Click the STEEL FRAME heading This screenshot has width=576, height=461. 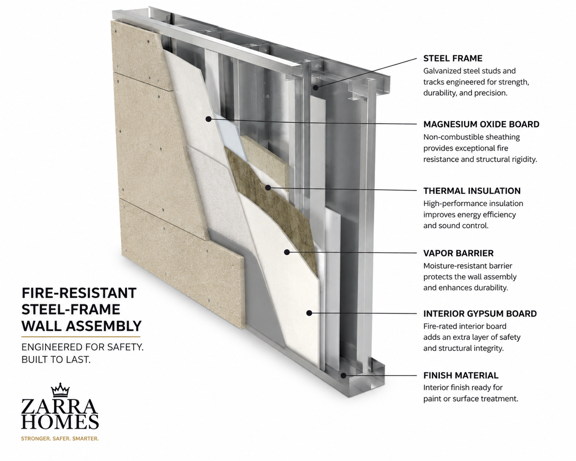[x=453, y=58]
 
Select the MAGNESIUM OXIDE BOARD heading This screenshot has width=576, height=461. [x=481, y=124]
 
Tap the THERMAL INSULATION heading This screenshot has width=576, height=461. [x=472, y=191]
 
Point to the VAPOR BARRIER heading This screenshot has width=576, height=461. [x=458, y=253]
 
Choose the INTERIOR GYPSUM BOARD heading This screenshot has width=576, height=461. [x=480, y=313]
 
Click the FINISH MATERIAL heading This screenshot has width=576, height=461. [x=461, y=376]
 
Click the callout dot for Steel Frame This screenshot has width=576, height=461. [x=316, y=88]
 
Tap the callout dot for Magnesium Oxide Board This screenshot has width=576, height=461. [x=209, y=119]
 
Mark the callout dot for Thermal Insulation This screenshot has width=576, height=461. [x=268, y=188]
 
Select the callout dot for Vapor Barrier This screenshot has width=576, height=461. [x=287, y=252]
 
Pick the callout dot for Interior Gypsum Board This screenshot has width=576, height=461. [x=309, y=313]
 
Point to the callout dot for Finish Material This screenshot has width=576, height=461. [x=343, y=376]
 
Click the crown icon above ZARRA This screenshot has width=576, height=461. [x=60, y=390]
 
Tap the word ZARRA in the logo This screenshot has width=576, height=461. [x=60, y=406]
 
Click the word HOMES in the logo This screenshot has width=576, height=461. [x=60, y=422]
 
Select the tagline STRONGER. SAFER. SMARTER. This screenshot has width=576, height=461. [x=60, y=438]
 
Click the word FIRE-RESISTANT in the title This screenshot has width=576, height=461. [x=79, y=293]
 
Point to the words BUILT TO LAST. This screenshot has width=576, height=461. [x=56, y=360]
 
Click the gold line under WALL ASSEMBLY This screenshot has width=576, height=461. [x=81, y=337]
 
